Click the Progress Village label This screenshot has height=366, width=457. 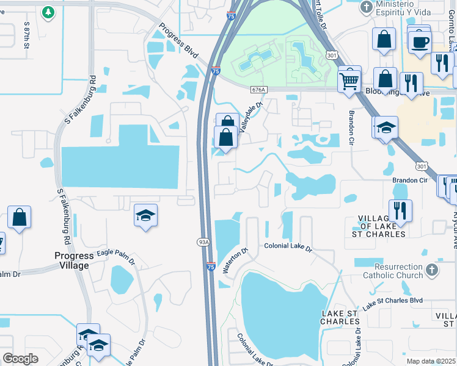(74, 260)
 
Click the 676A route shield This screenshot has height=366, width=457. (258, 89)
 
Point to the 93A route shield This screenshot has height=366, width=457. (203, 242)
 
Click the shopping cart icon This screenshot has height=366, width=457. (349, 79)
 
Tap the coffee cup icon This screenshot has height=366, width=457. (419, 42)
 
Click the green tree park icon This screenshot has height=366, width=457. (48, 12)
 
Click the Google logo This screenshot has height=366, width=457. (21, 359)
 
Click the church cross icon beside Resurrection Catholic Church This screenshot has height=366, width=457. (432, 269)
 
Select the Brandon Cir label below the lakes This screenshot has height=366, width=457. (409, 181)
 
